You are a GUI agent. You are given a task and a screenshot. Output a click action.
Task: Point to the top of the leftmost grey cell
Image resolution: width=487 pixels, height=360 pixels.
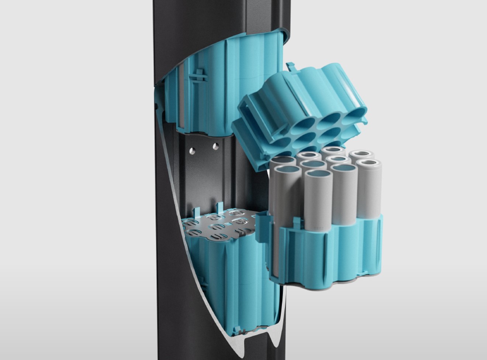tap(287, 170)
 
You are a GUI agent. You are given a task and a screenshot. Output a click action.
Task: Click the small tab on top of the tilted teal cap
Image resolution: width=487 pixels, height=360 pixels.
tap(291, 66)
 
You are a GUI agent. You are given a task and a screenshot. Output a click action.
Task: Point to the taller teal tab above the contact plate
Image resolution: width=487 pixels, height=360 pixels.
tap(220, 208)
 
